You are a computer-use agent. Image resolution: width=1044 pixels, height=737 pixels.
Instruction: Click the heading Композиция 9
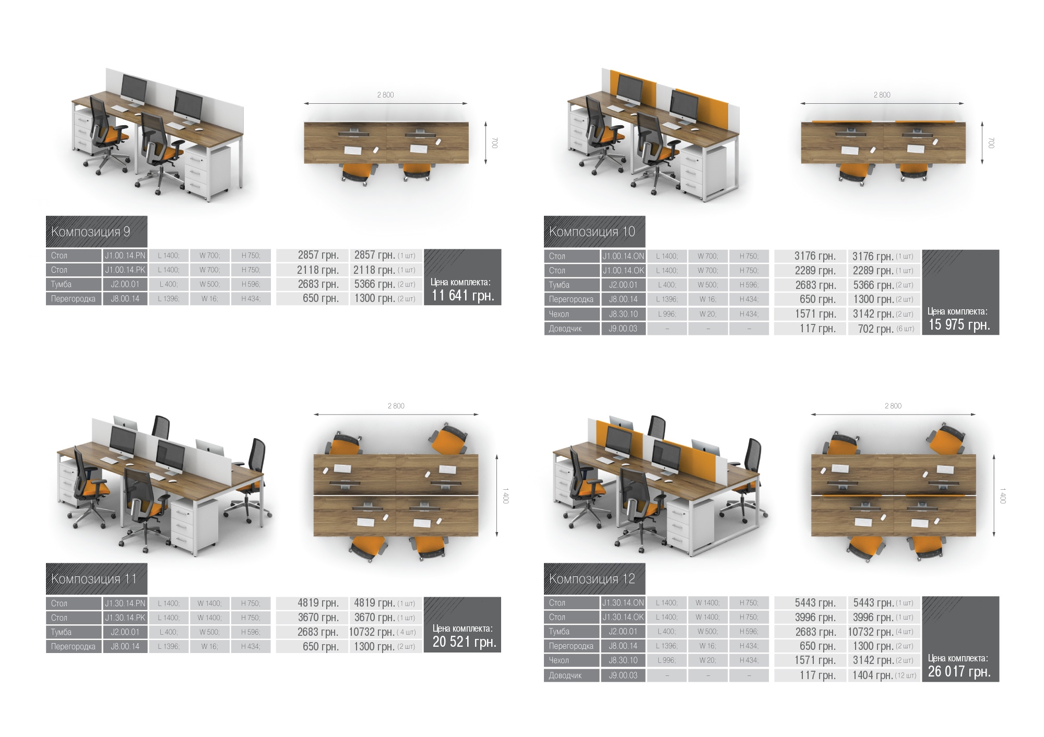coord(91,232)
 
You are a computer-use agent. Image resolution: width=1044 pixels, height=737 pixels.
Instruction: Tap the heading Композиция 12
coord(592,578)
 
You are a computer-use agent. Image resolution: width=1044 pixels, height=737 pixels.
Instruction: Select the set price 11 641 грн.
coord(463,296)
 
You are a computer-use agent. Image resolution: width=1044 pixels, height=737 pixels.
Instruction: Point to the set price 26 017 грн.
coord(959,671)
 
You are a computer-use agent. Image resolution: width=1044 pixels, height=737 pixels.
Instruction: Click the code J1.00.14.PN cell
coord(125,256)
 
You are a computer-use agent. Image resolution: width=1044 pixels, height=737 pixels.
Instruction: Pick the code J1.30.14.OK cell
coord(623,617)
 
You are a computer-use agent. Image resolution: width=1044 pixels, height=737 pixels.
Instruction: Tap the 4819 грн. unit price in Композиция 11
coord(318,603)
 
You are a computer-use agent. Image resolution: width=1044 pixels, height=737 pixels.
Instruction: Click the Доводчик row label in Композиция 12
coord(565,675)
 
